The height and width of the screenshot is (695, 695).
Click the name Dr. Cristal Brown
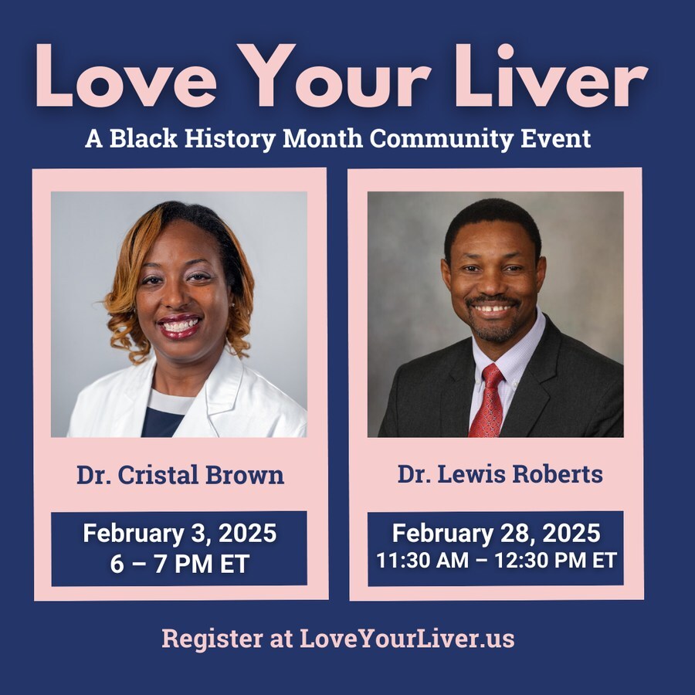tap(180, 475)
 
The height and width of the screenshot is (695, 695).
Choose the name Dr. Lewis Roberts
tap(500, 474)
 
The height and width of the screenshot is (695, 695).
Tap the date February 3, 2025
tap(179, 534)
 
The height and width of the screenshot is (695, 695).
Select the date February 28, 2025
tap(496, 534)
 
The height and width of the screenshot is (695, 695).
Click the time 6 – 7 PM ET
tap(179, 564)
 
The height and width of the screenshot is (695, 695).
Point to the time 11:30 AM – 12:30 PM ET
tap(496, 561)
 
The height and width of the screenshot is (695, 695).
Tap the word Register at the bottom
tap(213, 640)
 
